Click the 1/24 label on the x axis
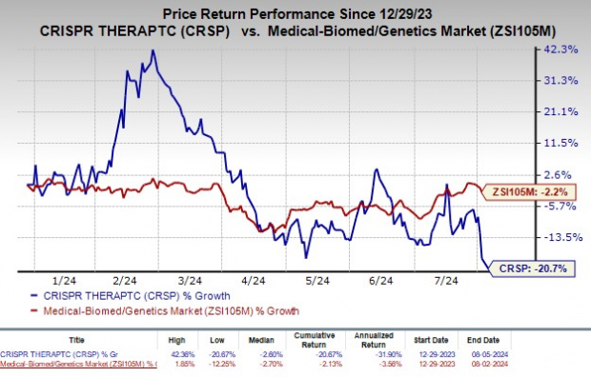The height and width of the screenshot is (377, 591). [64, 281]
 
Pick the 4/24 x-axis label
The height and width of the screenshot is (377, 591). [254, 281]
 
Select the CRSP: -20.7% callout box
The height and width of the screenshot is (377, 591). [535, 269]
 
